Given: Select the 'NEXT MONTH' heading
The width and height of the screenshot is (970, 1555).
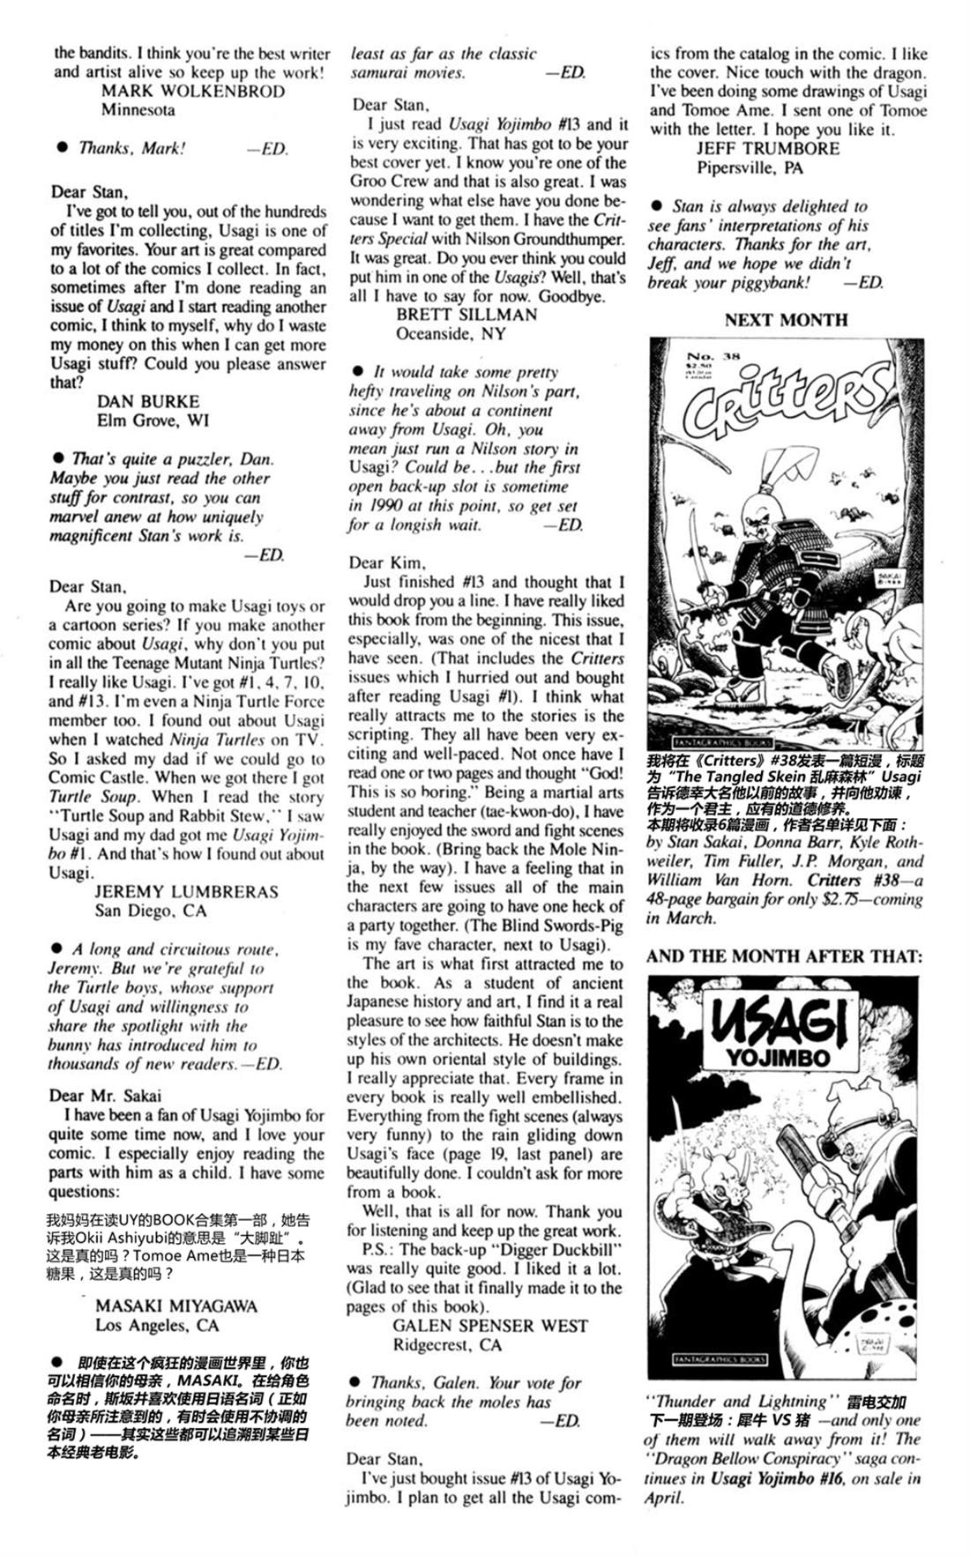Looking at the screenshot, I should tap(786, 320).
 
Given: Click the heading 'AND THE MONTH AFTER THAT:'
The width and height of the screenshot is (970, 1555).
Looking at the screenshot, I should tap(784, 956).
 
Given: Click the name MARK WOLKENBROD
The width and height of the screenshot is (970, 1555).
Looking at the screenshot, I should tap(193, 91).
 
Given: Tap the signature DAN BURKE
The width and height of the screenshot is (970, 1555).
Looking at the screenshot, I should tap(148, 401).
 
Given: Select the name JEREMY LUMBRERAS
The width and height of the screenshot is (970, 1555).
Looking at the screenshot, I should tap(186, 891).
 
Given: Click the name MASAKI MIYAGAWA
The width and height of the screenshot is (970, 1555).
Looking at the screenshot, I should tap(176, 1306).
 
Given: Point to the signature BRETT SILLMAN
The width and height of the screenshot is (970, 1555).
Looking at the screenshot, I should tap(466, 315).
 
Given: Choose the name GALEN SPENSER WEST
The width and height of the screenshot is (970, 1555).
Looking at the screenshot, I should tap(489, 1325).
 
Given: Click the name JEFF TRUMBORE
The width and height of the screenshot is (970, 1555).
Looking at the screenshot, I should tap(768, 148).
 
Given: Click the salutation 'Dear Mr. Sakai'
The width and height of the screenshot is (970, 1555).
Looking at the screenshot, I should tap(106, 1096).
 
